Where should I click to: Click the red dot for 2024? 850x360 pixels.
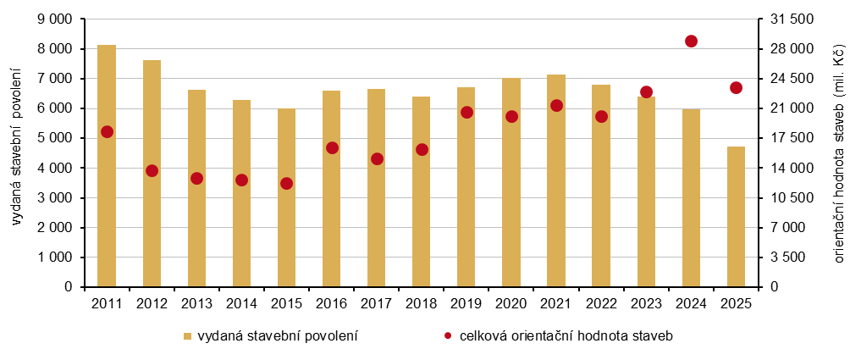(x=691, y=42)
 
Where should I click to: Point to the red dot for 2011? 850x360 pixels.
(x=107, y=131)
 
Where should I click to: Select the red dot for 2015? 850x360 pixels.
(x=286, y=183)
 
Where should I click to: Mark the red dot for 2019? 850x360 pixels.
(x=466, y=112)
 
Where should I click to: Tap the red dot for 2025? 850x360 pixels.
(x=736, y=87)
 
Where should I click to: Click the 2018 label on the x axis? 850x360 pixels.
(x=421, y=303)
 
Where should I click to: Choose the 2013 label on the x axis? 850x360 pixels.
(x=196, y=303)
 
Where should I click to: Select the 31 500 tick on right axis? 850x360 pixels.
(x=788, y=19)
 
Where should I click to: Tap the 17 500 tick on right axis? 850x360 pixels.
(x=788, y=138)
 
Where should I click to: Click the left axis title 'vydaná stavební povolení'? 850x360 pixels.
(x=18, y=153)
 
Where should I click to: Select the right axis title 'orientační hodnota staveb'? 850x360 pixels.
(x=838, y=153)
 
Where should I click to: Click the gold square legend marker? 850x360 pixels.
(x=188, y=336)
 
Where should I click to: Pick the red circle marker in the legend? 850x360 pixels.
(x=448, y=336)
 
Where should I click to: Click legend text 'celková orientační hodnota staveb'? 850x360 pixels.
(x=566, y=336)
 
